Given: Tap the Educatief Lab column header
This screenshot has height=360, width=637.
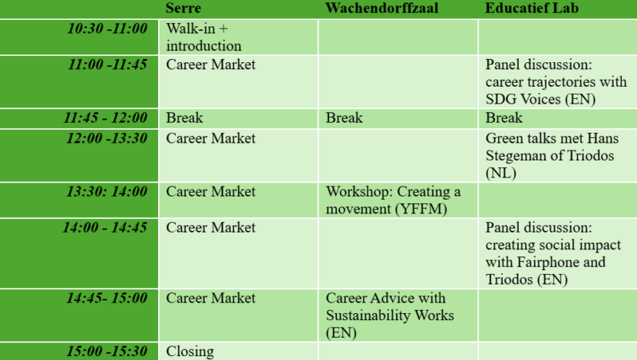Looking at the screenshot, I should click(x=531, y=8).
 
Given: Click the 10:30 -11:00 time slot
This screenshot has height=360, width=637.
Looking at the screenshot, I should click(x=107, y=28).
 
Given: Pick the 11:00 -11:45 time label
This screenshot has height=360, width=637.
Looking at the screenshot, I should click(x=107, y=64).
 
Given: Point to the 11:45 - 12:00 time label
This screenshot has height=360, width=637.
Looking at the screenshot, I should click(x=105, y=117).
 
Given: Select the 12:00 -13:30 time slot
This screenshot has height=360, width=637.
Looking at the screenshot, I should click(x=107, y=139).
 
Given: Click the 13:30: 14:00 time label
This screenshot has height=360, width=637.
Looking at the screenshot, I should click(x=107, y=191).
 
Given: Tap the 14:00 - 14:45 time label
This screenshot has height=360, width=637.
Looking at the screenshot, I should click(x=105, y=227).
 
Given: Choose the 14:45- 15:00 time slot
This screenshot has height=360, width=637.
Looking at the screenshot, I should click(x=107, y=298).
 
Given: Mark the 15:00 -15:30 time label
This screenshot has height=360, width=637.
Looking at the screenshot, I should click(x=107, y=351).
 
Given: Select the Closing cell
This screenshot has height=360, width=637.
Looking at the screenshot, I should click(x=190, y=351).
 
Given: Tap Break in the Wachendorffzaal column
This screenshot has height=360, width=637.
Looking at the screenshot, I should click(x=345, y=118).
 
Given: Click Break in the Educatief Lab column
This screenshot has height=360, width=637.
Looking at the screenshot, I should click(x=504, y=118).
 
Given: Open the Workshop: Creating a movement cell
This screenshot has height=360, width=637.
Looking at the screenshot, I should click(x=393, y=200).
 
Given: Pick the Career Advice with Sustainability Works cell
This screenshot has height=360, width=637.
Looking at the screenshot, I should click(x=390, y=315).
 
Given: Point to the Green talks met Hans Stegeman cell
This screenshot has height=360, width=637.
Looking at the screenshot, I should click(x=551, y=156).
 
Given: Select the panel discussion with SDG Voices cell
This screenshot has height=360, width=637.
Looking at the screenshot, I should click(x=556, y=81).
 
